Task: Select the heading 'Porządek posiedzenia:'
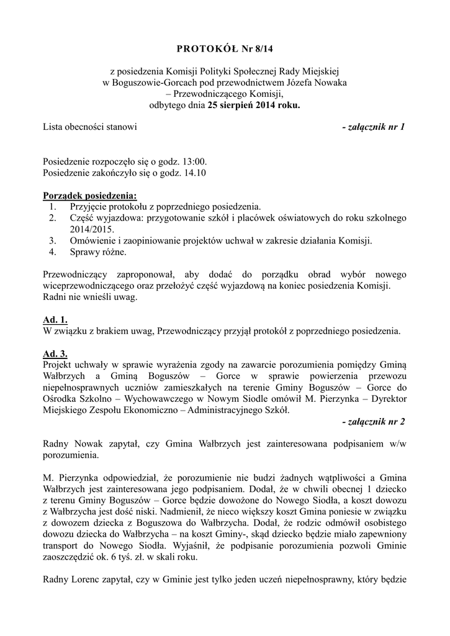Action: point(89,196)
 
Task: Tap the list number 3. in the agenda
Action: point(53,241)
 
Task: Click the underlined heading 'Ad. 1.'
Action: point(55,319)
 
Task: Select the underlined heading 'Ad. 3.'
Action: point(55,354)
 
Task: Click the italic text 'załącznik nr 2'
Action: point(374,422)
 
